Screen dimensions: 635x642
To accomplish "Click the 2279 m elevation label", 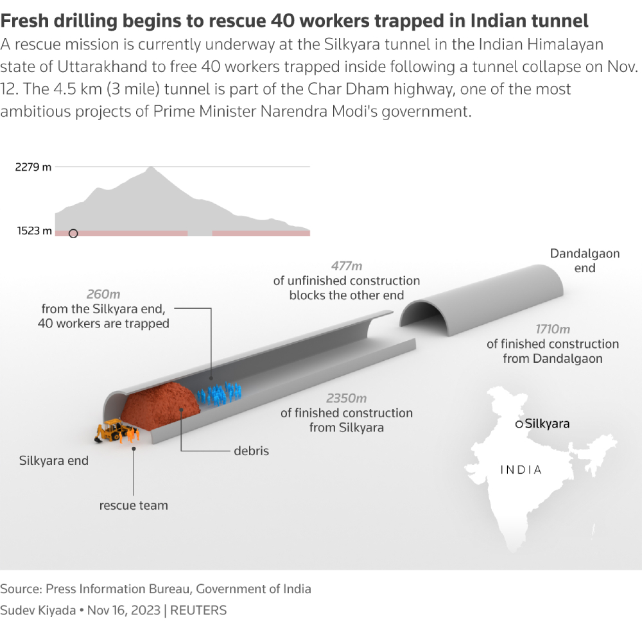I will [x=33, y=167].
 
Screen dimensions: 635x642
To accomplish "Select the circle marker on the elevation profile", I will [x=73, y=234].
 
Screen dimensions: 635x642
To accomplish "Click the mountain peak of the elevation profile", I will [x=151, y=168].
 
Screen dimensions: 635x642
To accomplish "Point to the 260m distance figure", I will [x=103, y=294].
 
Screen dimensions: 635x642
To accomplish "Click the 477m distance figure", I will [x=347, y=266].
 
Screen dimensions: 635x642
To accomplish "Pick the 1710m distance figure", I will [x=553, y=329].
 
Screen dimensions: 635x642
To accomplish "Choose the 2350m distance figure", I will [x=347, y=398].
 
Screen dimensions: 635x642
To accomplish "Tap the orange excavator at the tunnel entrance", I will [x=112, y=430].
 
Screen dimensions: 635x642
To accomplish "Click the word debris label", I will [x=251, y=451].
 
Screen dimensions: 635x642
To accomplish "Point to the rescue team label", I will [x=134, y=505].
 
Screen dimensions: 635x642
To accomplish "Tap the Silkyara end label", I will [x=54, y=460].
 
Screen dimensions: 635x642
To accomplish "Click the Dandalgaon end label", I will [x=585, y=261].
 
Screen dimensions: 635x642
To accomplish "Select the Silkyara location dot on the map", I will [x=519, y=424].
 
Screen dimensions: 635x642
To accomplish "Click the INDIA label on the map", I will [x=521, y=469].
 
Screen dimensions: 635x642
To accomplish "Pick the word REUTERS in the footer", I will [x=198, y=611].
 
